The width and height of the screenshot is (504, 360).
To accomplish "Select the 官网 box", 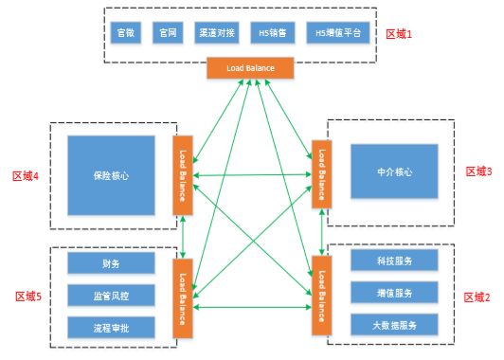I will point(169,32).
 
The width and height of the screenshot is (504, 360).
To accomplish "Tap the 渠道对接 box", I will point(218,32).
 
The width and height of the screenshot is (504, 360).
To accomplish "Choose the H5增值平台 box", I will point(333,32).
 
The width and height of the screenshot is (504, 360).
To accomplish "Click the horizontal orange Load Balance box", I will point(251,68).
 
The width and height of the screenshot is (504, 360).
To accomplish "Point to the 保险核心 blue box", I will point(111,174).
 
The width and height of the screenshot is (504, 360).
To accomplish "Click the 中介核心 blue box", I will point(394,173).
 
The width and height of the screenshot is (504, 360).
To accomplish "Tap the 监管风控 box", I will point(111,296).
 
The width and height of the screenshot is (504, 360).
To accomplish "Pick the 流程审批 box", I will point(111,328).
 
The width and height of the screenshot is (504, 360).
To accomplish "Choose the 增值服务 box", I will point(394,293).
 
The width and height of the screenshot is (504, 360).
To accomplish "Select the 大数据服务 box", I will point(394,325).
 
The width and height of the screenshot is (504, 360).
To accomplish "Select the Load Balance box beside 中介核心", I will point(322,174).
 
